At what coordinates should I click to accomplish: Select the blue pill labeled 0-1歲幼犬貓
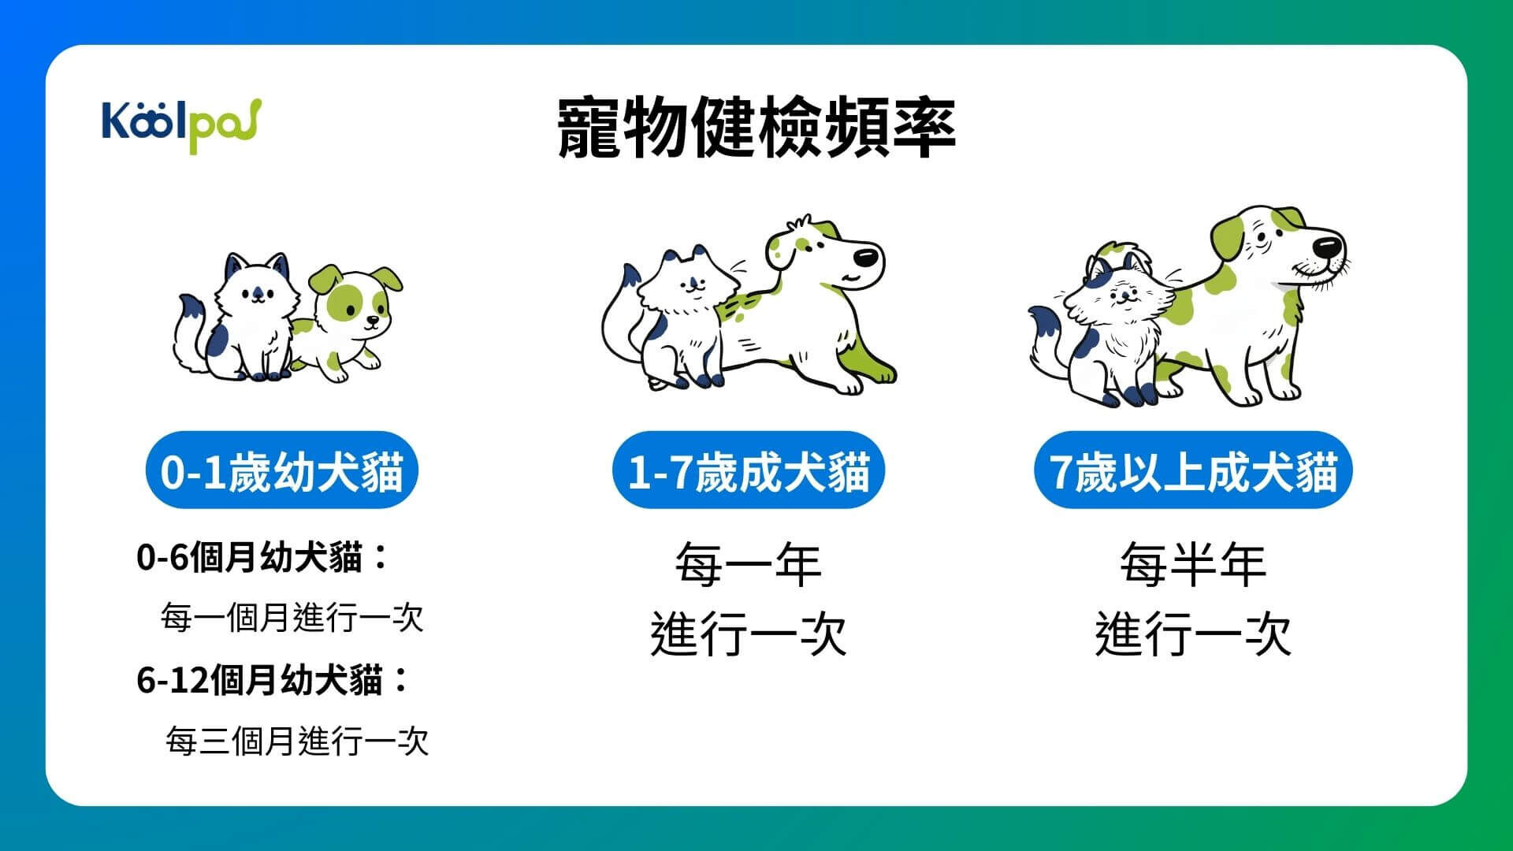(x=281, y=471)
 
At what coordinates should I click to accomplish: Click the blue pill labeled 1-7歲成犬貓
(x=749, y=471)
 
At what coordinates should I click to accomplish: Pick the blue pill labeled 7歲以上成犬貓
(x=1193, y=471)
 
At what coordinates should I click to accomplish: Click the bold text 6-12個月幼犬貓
(x=260, y=680)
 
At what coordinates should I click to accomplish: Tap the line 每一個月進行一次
(x=292, y=618)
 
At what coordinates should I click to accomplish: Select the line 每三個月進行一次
(x=297, y=741)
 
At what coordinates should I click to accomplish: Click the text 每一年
(x=748, y=564)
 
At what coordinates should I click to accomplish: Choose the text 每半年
(x=1193, y=564)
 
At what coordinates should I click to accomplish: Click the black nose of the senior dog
(x=1328, y=245)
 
